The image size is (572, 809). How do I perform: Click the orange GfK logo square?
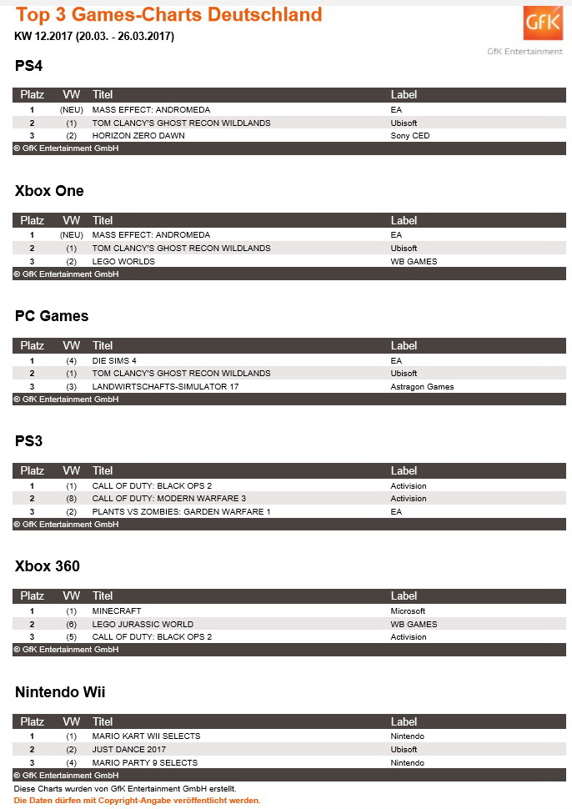tap(542, 25)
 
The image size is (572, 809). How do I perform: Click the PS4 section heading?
tap(28, 66)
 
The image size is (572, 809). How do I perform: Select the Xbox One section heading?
tap(49, 191)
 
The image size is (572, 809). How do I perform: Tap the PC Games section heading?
tap(52, 316)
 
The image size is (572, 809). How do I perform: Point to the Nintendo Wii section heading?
tap(60, 691)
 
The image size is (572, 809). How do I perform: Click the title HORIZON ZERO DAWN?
tap(138, 136)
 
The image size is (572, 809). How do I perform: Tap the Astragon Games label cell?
tap(422, 386)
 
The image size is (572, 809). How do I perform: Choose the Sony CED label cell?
tap(410, 136)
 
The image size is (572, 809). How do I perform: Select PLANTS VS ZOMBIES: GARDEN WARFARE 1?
tap(182, 511)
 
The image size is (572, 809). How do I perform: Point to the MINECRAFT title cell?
tap(117, 611)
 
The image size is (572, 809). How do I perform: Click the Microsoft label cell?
tap(408, 611)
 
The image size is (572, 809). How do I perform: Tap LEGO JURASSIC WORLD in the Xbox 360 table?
tap(143, 624)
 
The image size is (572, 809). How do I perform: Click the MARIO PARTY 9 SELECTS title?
tap(145, 762)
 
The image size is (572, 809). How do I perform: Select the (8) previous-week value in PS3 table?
tap(72, 499)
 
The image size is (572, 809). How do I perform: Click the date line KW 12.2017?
tap(94, 36)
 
